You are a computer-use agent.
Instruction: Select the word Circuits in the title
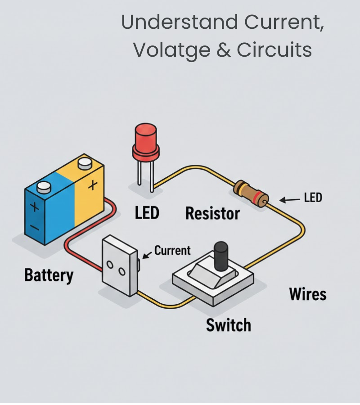tap(274, 50)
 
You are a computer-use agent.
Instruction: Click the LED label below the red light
tap(147, 212)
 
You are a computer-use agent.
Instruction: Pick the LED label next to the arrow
tap(313, 198)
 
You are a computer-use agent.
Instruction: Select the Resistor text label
tap(213, 213)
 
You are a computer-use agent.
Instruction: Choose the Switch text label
tap(229, 324)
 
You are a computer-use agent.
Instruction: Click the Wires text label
tap(308, 294)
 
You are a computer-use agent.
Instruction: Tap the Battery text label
tap(49, 275)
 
